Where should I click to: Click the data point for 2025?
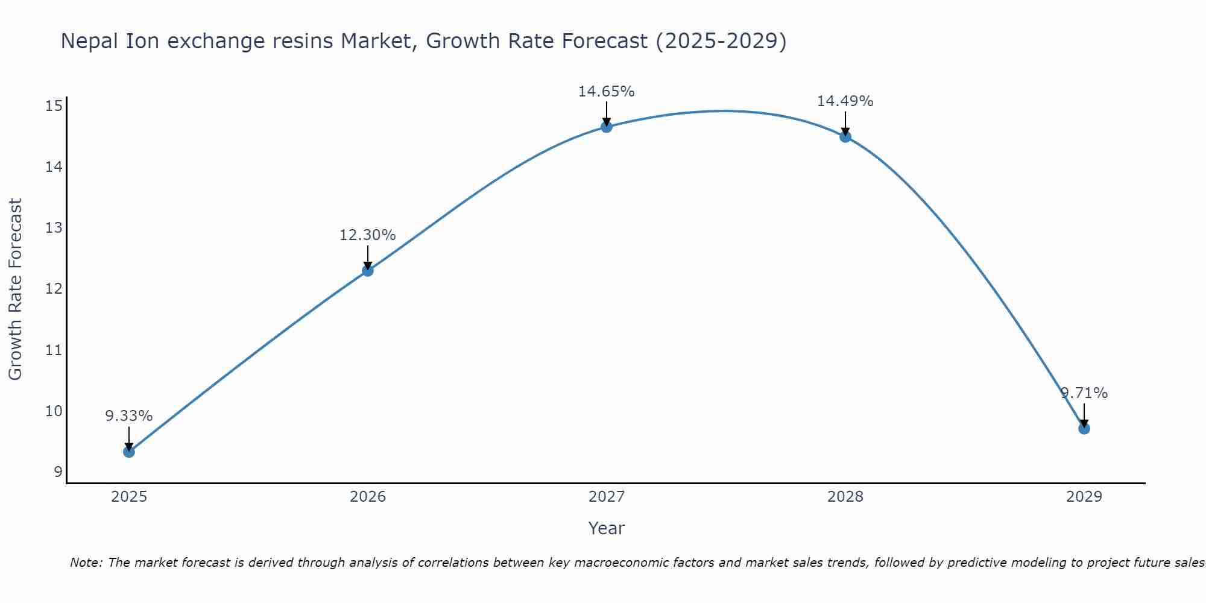point(129,452)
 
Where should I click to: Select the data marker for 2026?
point(368,271)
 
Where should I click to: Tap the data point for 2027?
point(607,127)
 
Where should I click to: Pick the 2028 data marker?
point(845,137)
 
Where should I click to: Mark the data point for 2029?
point(1084,429)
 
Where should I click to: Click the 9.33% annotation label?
point(129,416)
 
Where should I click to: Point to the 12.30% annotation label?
point(368,235)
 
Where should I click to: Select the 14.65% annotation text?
point(607,92)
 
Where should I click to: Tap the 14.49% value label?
point(845,101)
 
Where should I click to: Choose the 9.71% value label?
point(1084,393)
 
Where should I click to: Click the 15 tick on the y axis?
point(54,106)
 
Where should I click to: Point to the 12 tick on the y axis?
point(54,289)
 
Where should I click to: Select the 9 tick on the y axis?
point(58,472)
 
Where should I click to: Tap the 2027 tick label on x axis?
point(607,497)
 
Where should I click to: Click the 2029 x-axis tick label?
point(1084,497)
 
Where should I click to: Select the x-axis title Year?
point(607,528)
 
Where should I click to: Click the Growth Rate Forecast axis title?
point(16,289)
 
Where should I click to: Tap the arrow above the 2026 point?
point(368,257)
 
